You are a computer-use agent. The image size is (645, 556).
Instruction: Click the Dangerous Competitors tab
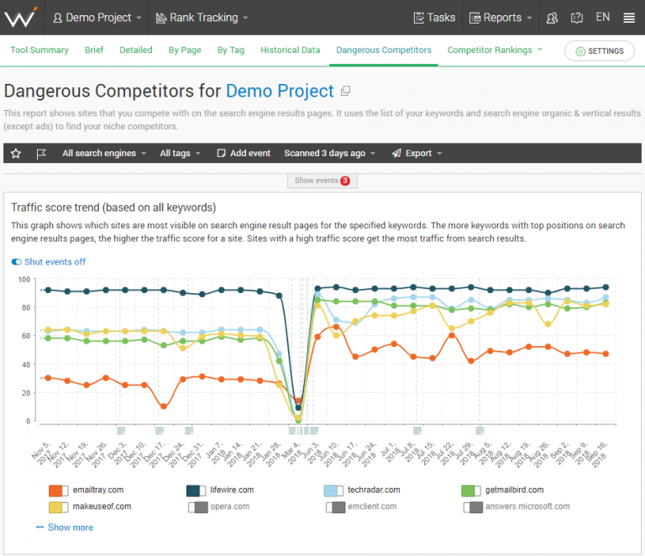coord(384,50)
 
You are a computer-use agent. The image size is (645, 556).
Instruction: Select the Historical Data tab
coord(290,50)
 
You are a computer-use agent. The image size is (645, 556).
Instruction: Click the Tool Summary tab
coord(39,50)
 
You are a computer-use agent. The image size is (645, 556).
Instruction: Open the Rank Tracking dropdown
coord(197,18)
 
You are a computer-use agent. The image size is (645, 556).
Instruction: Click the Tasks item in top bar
coord(434,18)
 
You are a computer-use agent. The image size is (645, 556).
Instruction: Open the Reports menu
coord(501,18)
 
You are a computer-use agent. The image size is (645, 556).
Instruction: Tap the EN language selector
coord(602,18)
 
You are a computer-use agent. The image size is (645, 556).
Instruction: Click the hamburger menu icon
coord(629,18)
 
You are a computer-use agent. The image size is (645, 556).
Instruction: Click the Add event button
coord(244,154)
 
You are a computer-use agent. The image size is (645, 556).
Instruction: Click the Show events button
coord(322,181)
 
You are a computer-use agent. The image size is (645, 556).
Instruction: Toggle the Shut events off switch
coord(49,262)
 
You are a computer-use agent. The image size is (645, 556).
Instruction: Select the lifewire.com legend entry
coord(226,490)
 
